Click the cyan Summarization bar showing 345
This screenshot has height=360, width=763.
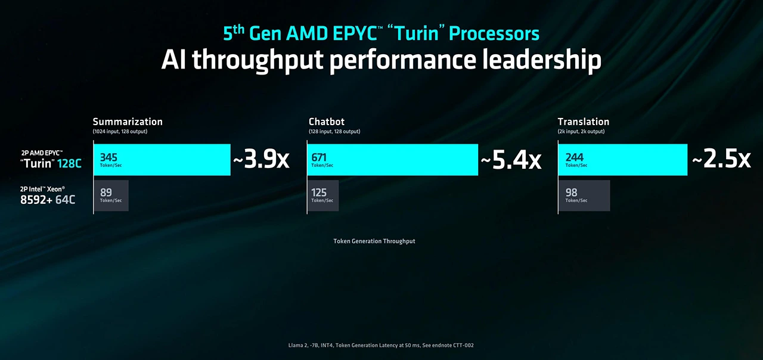click(162, 160)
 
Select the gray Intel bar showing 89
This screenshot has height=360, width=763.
click(111, 195)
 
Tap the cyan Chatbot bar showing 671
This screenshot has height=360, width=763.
click(392, 160)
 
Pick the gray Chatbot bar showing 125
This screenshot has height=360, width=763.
click(322, 195)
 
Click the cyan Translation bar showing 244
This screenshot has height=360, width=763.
click(622, 160)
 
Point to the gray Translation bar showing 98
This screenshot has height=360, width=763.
click(584, 195)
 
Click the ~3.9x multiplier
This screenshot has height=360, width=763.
click(261, 160)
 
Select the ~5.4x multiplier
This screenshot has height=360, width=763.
click(511, 160)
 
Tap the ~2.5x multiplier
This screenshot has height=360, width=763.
click(721, 160)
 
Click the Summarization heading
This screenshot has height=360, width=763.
click(128, 122)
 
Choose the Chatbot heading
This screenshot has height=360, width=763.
click(327, 122)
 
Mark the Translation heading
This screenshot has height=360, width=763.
click(583, 122)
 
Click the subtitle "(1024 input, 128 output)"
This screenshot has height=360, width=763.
click(120, 131)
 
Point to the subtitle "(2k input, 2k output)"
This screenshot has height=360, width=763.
click(581, 131)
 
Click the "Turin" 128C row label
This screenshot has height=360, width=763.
click(51, 163)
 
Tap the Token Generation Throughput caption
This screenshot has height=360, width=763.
click(374, 241)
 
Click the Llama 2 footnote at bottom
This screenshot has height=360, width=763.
click(381, 345)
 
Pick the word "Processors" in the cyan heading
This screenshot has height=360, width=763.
click(494, 33)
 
